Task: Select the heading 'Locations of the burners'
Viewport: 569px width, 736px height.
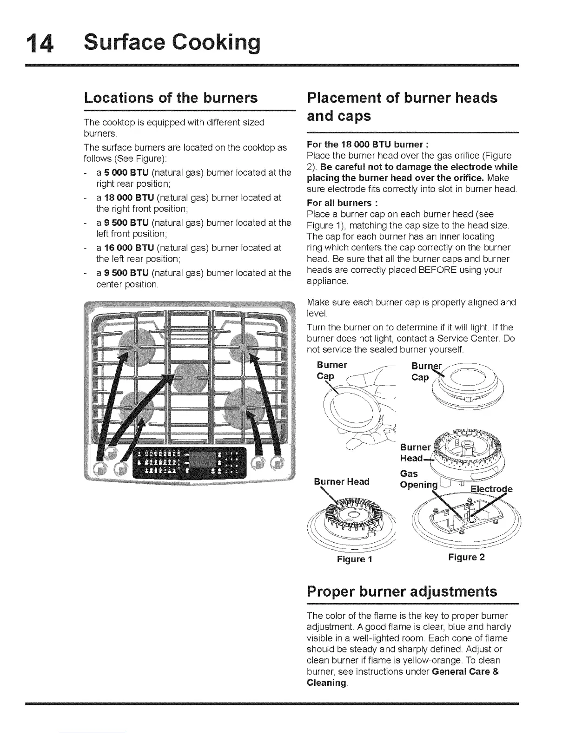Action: tap(171, 98)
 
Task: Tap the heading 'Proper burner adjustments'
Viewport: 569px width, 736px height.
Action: tap(402, 591)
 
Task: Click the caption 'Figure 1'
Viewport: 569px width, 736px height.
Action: tap(355, 559)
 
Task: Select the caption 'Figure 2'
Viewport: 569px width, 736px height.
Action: tap(466, 557)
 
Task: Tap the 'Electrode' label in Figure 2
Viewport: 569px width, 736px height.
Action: tap(491, 489)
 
